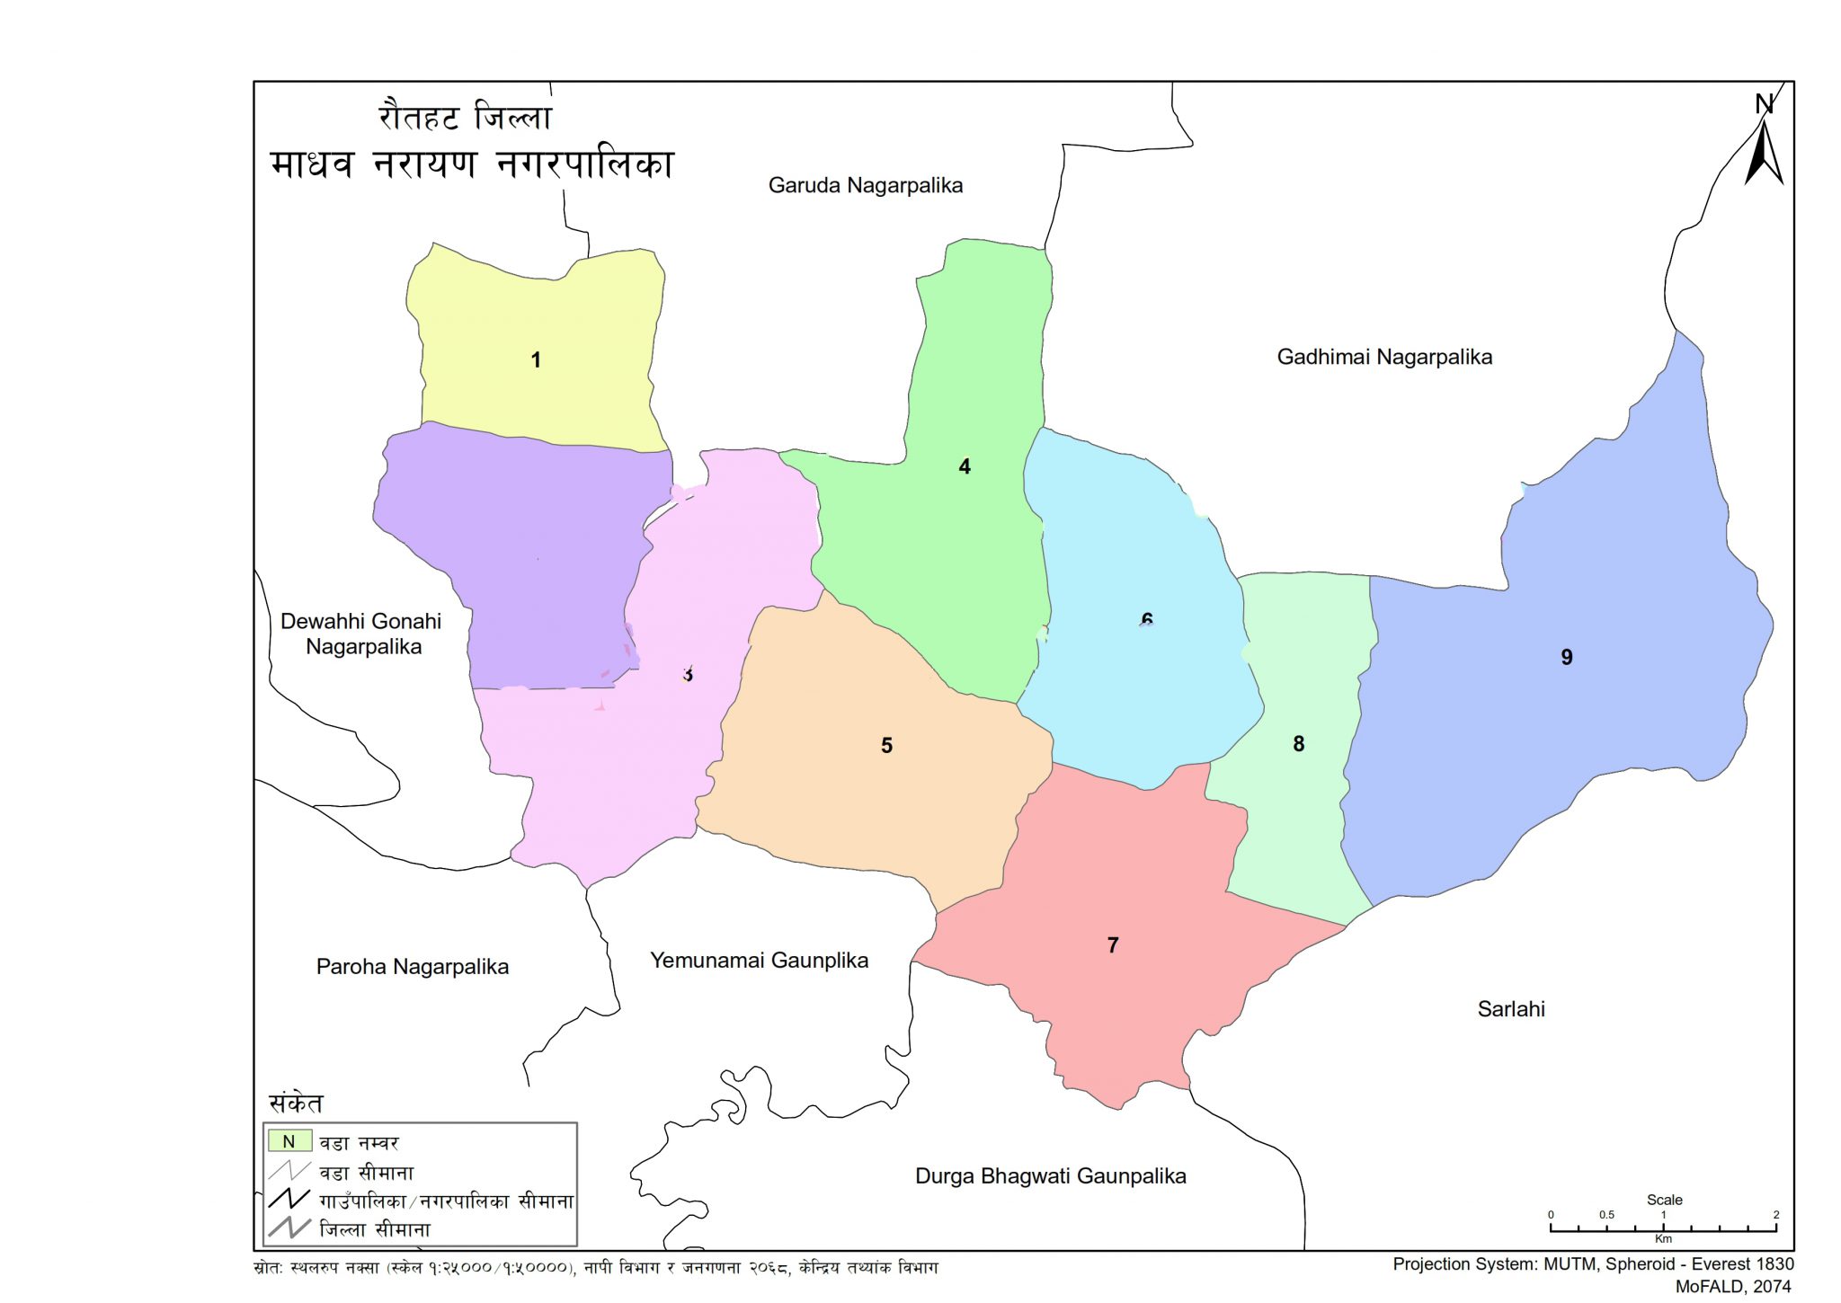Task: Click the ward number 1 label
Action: coord(536,360)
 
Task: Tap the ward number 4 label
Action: coord(965,466)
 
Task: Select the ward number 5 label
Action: coord(886,746)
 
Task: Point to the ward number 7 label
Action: coord(1113,945)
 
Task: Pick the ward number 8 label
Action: coord(1298,744)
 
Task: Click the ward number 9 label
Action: coord(1567,658)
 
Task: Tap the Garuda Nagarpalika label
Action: coord(865,186)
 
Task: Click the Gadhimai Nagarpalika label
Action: coord(1384,358)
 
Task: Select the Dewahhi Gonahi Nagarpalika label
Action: coord(361,634)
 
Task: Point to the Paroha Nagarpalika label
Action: coord(413,967)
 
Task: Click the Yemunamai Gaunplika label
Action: coord(759,961)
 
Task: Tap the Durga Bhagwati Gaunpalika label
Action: coord(1050,1176)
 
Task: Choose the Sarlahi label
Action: coord(1511,1009)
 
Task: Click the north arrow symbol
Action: coord(1764,148)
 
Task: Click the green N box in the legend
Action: coord(289,1141)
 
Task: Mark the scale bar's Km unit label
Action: coord(1663,1239)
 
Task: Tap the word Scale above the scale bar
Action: coord(1664,1200)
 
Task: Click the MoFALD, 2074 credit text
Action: coord(1734,1287)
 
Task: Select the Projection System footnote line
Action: coord(1593,1264)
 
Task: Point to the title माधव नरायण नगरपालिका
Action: coord(472,164)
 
